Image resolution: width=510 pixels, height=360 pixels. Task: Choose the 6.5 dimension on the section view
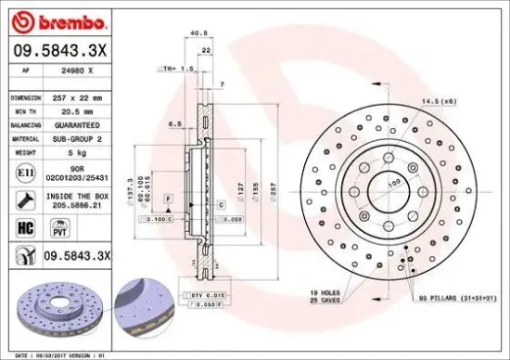[174, 122]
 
